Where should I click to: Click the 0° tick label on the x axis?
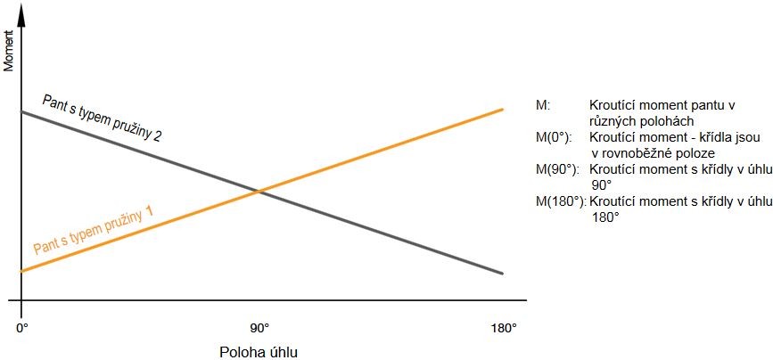22,327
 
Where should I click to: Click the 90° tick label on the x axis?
259,327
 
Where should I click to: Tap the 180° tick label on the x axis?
503,327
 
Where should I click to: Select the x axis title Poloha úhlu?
259,350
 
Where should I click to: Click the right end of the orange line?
504,109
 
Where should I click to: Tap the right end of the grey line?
504,273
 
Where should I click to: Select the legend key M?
543,105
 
